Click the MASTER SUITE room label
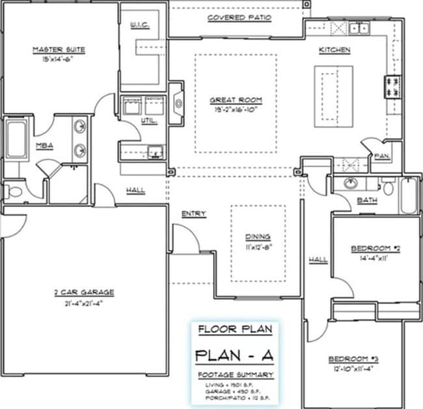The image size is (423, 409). [59, 49]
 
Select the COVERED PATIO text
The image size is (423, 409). [239, 18]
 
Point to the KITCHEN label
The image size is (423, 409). [334, 50]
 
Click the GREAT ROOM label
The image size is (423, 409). [236, 100]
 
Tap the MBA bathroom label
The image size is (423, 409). [44, 145]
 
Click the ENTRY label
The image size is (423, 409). [193, 214]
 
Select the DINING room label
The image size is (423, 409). [258, 236]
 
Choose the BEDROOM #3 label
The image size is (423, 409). [352, 360]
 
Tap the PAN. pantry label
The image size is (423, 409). [381, 156]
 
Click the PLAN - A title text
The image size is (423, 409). [234, 356]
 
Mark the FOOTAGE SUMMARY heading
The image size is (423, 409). [235, 376]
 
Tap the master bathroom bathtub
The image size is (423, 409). [16, 138]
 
